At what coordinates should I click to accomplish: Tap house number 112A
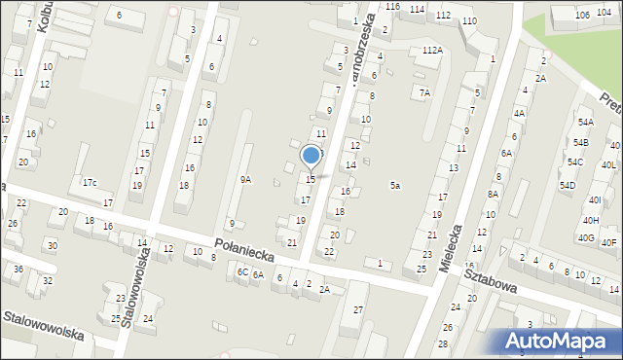(x=433, y=50)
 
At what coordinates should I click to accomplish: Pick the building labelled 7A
(x=424, y=92)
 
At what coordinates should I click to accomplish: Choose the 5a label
(x=395, y=185)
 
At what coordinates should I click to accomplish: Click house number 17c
(x=89, y=182)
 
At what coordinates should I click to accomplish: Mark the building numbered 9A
(x=246, y=179)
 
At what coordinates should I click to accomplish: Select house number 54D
(x=568, y=185)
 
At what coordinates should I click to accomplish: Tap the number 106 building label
(x=582, y=15)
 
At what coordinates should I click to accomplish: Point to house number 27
(x=358, y=309)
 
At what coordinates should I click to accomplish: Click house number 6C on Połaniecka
(x=242, y=272)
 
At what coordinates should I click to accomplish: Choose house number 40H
(x=592, y=221)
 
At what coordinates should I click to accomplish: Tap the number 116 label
(x=392, y=7)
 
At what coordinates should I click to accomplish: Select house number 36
(x=18, y=269)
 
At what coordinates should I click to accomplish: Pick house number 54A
(x=585, y=123)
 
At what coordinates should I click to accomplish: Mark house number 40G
(x=586, y=237)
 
